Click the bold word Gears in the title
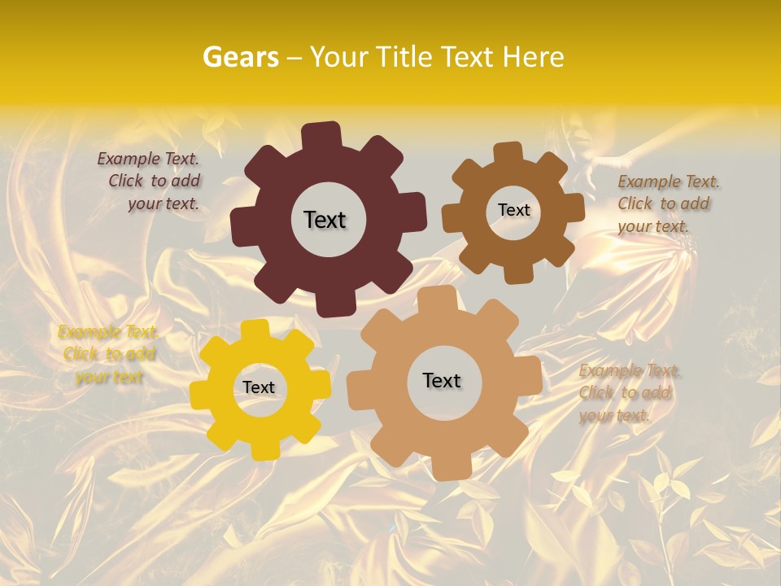239,57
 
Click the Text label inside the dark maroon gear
325,220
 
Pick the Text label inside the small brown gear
513,210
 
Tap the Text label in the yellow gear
259,387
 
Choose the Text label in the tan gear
442,380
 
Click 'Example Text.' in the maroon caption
148,159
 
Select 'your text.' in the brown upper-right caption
652,225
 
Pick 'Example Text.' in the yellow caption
108,331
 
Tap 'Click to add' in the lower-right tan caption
625,392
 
